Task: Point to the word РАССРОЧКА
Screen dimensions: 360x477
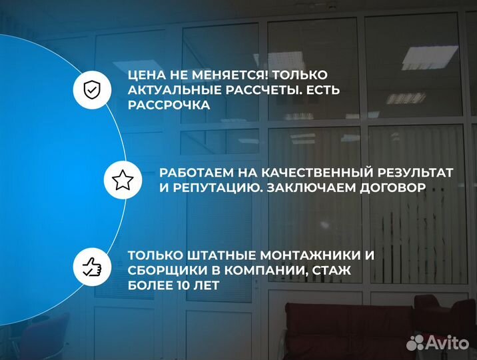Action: pos(169,105)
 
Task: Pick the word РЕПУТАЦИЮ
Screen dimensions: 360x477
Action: pos(213,188)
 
